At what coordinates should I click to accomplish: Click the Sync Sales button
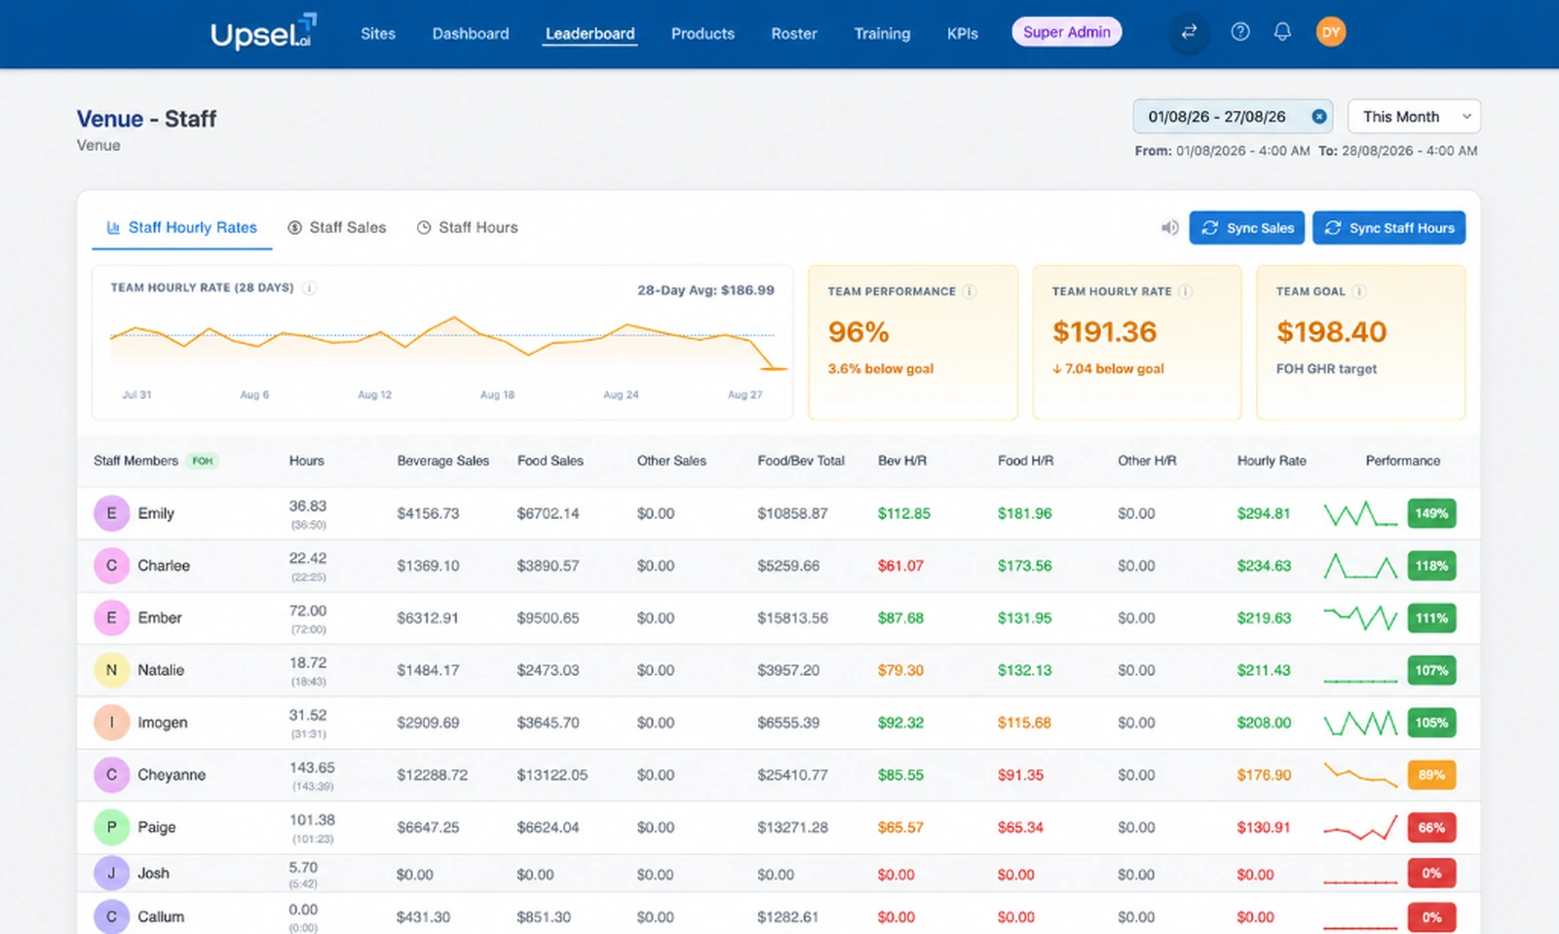pos(1246,228)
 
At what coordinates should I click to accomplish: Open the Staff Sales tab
pos(337,228)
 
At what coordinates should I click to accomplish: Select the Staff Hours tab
pos(467,228)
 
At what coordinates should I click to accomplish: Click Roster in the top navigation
pos(793,33)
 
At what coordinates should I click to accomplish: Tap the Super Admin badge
pos(1066,32)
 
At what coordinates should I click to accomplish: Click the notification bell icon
pos(1282,32)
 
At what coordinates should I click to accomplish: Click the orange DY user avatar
pos(1330,32)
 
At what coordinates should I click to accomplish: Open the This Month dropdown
pos(1414,116)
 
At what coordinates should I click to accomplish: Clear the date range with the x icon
pos(1318,117)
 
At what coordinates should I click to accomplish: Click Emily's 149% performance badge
pos(1431,513)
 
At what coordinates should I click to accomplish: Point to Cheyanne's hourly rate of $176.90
pos(1264,774)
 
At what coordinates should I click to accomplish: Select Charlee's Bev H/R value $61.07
pos(900,566)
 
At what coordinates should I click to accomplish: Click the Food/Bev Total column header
pos(800,461)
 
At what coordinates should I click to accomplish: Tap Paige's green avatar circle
pos(111,827)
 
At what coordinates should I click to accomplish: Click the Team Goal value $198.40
pos(1331,332)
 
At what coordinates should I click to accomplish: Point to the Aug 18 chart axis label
pos(497,394)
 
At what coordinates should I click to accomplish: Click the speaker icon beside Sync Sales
pos(1169,228)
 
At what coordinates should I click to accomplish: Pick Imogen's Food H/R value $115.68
pos(1024,723)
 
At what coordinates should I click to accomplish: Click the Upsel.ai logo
pos(263,32)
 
